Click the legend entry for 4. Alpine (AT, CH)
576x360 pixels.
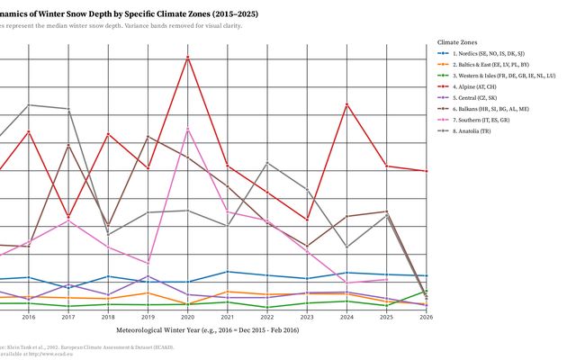tap(481, 87)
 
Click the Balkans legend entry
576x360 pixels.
tap(491, 109)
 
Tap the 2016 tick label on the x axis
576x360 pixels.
tap(29, 317)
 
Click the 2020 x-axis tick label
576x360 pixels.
tap(187, 317)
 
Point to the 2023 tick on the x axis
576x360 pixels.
tap(307, 317)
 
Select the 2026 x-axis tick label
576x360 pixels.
tap(426, 317)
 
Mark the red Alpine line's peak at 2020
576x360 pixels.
tap(187, 58)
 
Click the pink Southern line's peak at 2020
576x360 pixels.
tap(187, 130)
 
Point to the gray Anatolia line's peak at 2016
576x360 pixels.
tap(29, 105)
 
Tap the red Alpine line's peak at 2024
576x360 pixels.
tap(346, 105)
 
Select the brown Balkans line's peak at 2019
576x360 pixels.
tap(148, 137)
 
